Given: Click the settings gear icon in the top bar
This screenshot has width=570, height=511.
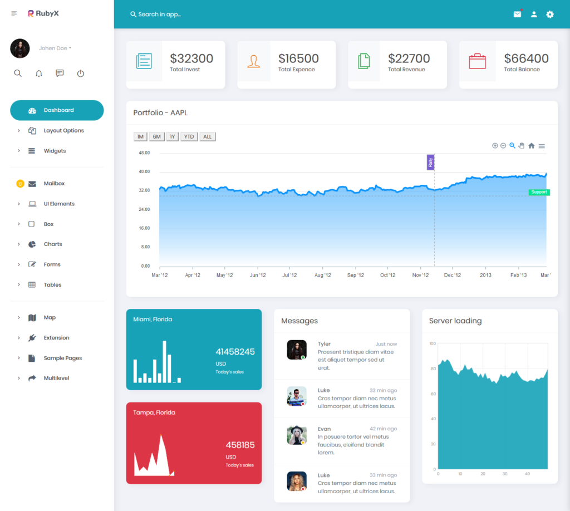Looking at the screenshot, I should [550, 14].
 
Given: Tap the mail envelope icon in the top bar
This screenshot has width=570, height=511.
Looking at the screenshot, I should [517, 14].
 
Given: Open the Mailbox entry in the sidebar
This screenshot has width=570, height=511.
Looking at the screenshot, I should [54, 184].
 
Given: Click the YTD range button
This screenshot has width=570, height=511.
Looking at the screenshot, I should [189, 137].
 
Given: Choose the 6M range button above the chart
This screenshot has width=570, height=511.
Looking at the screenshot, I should [157, 137].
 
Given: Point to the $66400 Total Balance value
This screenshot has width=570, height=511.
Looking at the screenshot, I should [526, 58].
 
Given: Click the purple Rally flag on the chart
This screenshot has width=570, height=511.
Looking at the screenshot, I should [430, 163].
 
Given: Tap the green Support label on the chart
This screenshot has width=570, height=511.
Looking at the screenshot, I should [539, 192].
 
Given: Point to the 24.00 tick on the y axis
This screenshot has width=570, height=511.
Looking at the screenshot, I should [144, 209].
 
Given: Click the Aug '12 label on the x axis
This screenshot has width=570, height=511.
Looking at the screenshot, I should [323, 275].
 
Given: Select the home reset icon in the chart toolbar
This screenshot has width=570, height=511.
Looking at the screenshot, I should [532, 146].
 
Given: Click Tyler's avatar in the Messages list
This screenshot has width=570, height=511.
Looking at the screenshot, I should [297, 350].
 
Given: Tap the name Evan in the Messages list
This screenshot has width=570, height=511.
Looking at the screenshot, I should [324, 429].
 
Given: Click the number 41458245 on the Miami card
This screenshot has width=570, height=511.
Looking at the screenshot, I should [235, 352].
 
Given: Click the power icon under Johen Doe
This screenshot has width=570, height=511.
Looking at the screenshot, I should [81, 73].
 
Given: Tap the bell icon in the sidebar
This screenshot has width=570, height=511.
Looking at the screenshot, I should [39, 73].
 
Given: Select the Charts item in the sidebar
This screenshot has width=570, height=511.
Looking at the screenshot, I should [53, 244].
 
